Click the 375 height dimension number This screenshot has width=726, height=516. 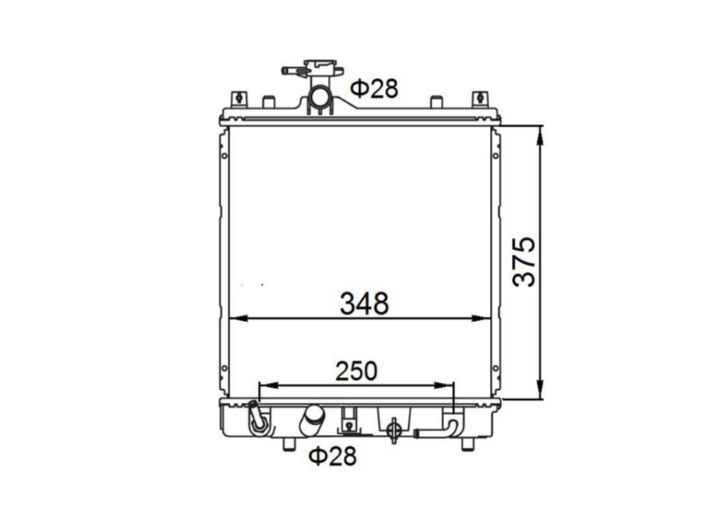click(x=524, y=261)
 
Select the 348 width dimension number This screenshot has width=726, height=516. click(x=365, y=303)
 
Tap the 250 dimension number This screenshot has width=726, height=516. click(x=357, y=371)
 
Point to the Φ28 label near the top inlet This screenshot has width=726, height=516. click(x=374, y=89)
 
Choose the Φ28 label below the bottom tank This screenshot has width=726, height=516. click(x=333, y=456)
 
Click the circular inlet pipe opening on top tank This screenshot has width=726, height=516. click(x=319, y=97)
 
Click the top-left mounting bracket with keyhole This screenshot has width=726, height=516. click(x=239, y=99)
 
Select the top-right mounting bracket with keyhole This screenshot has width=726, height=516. click(x=480, y=99)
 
